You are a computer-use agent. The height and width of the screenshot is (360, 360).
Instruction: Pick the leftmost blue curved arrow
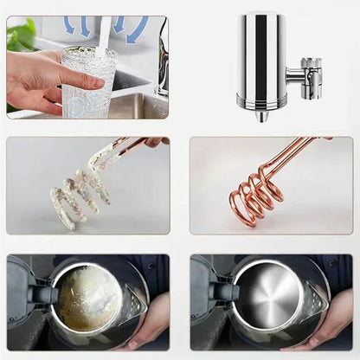pyautogui.click(x=68, y=25)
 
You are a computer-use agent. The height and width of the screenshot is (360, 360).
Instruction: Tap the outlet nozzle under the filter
pyautogui.click(x=261, y=114)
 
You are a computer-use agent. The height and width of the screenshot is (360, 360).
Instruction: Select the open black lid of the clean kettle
pyautogui.click(x=205, y=290)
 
